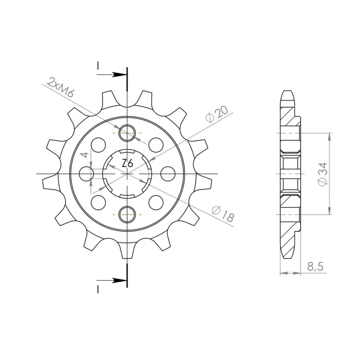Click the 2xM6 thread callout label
coord(60,87)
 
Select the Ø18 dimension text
coord(222,214)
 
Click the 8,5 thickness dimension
coord(315,266)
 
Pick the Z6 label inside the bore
coord(127,163)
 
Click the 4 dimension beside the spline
coord(85,155)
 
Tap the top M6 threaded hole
coord(127,133)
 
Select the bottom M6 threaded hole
coord(127,215)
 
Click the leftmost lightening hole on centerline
coord(86,174)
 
